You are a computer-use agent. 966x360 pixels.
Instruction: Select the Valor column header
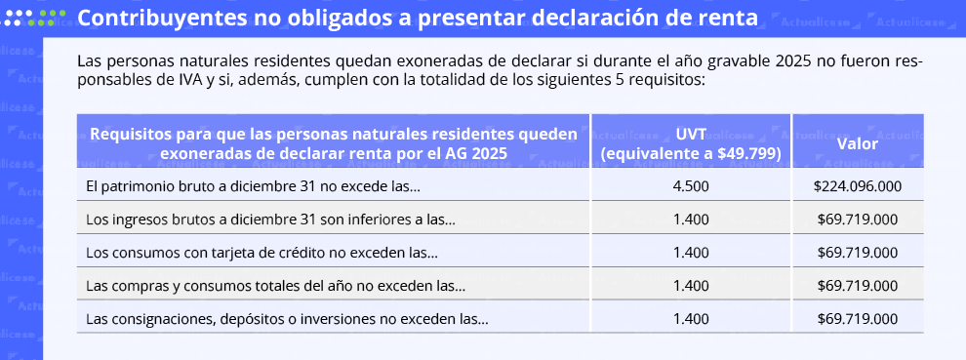pyautogui.click(x=857, y=143)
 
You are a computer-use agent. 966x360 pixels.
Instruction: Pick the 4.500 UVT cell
pyautogui.click(x=691, y=186)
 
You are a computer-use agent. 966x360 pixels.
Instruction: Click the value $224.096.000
pyautogui.click(x=857, y=186)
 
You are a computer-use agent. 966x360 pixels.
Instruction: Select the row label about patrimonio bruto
pyautogui.click(x=253, y=186)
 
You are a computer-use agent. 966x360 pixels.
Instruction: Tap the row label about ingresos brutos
pyautogui.click(x=270, y=220)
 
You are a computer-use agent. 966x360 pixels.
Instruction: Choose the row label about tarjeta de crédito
pyautogui.click(x=262, y=253)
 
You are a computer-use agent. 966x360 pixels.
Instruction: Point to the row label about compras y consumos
pyautogui.click(x=275, y=286)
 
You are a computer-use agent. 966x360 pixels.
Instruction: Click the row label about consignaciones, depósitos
pyautogui.click(x=287, y=319)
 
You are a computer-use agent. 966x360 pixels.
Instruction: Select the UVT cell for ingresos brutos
pyautogui.click(x=691, y=220)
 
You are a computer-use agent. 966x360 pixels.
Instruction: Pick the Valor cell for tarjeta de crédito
pyautogui.click(x=857, y=253)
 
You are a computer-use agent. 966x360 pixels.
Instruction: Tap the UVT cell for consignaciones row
pyautogui.click(x=691, y=319)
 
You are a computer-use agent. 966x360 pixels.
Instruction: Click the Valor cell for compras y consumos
pyautogui.click(x=857, y=286)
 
